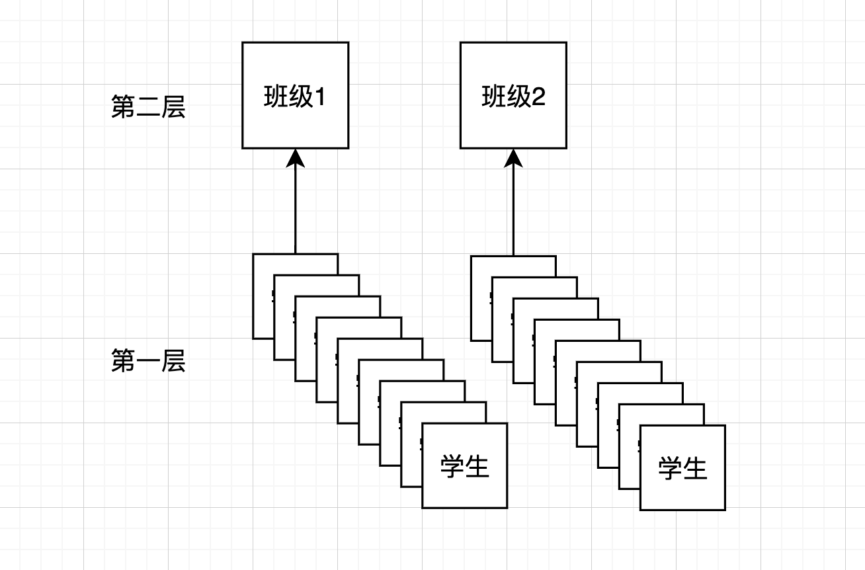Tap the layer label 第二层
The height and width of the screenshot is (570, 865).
click(148, 107)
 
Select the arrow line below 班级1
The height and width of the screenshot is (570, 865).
click(295, 212)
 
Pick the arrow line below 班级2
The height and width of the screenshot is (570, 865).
click(513, 212)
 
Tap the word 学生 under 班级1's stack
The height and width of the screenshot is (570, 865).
click(464, 467)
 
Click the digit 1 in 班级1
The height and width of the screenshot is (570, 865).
click(319, 98)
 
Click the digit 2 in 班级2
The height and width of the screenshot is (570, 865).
click(538, 98)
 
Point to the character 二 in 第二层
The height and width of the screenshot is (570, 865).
click(148, 107)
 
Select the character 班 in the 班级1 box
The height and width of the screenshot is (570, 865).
click(274, 98)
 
